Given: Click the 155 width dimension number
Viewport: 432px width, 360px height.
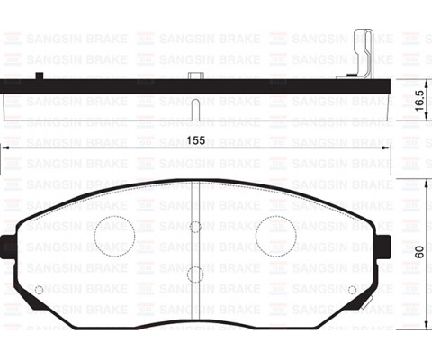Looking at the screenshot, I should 197,139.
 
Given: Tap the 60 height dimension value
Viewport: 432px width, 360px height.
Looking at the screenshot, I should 419,252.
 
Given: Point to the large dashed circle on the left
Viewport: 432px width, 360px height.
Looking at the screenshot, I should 114,236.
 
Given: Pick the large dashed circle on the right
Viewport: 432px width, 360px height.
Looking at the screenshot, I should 275,236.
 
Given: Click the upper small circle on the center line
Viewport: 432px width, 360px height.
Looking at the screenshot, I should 195,227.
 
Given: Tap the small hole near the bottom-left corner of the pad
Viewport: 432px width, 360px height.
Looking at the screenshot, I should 38,289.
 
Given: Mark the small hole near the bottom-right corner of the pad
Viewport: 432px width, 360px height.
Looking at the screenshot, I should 353,289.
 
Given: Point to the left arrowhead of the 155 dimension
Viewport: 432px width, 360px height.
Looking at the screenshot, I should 6,149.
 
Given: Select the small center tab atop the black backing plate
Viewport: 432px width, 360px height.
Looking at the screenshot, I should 195,76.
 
